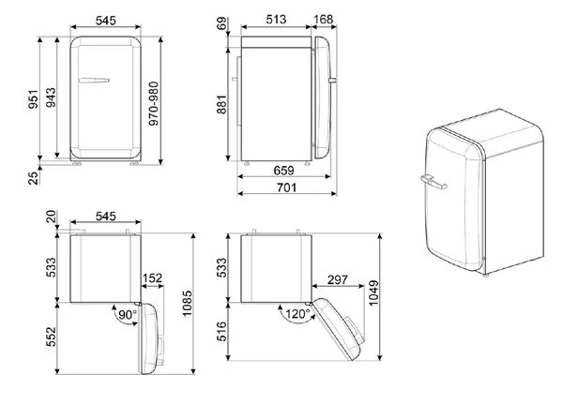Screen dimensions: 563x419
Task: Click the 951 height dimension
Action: click(x=33, y=99)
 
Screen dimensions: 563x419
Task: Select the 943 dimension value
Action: click(x=51, y=97)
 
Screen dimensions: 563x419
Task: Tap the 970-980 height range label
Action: click(x=153, y=104)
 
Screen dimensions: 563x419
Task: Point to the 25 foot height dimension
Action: click(x=33, y=178)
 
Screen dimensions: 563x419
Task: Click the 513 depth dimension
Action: click(x=276, y=20)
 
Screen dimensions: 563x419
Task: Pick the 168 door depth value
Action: click(x=323, y=20)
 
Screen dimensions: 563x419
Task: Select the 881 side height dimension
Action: click(x=221, y=104)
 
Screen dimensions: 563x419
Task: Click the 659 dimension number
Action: click(x=283, y=171)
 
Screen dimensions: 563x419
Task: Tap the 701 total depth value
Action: click(x=286, y=187)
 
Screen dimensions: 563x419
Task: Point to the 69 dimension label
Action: click(x=221, y=23)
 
